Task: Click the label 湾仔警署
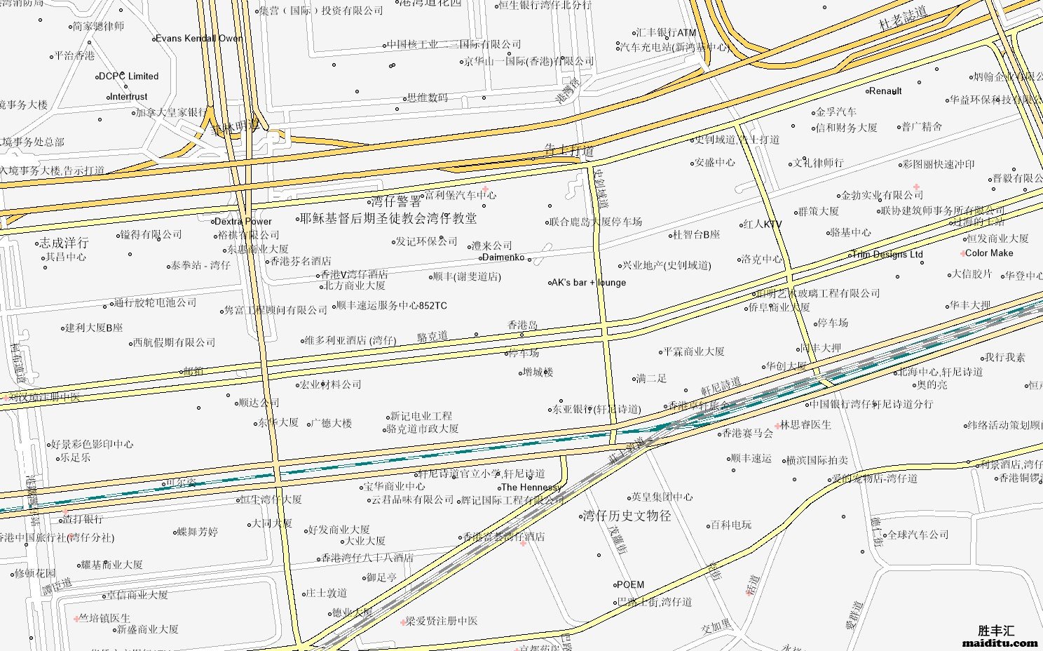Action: tap(396, 202)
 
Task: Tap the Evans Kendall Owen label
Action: tap(200, 39)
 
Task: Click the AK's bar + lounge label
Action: tap(589, 283)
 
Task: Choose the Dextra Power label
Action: tap(243, 222)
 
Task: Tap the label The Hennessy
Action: tap(531, 488)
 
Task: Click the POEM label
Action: tap(630, 584)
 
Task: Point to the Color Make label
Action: tap(989, 253)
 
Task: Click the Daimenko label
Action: tap(503, 257)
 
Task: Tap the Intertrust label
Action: tap(129, 97)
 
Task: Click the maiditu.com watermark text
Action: tap(1000, 642)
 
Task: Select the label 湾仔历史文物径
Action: tap(627, 516)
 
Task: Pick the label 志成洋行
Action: tap(64, 243)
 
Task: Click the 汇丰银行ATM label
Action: tap(666, 33)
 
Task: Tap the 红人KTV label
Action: tap(762, 224)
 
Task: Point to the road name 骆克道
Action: tap(432, 337)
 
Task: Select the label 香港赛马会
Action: tap(748, 434)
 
